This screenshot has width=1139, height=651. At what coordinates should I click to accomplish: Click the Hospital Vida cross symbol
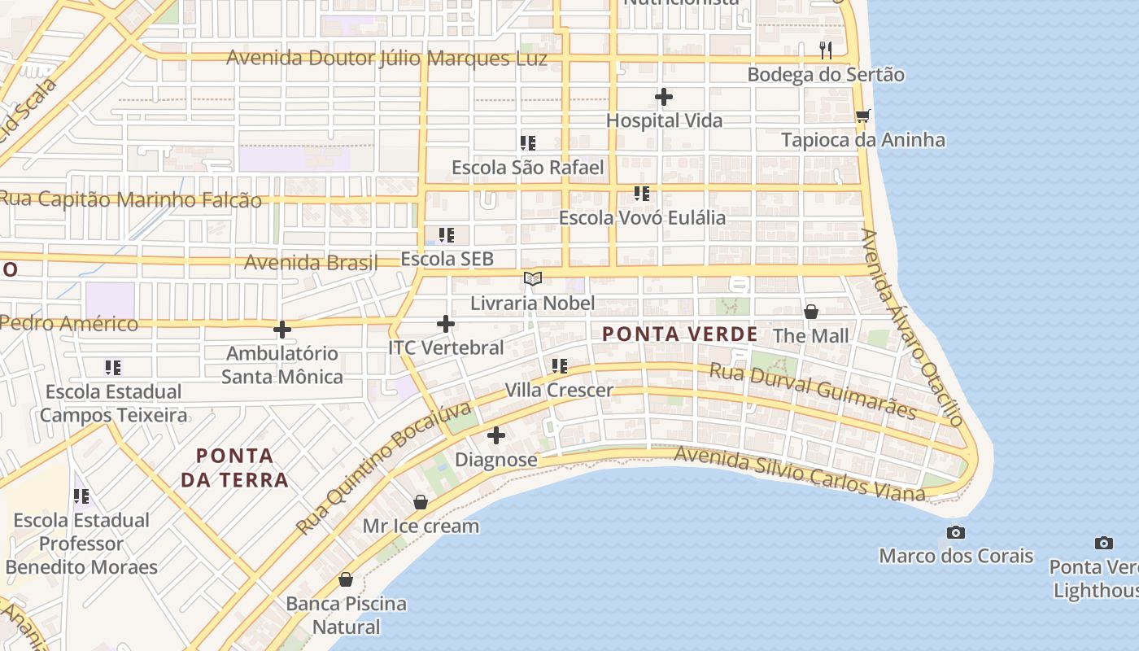pos(664,98)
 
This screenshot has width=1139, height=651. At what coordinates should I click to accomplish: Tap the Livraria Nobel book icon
pos(533,279)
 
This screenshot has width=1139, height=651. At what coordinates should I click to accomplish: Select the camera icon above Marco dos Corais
pos(956,533)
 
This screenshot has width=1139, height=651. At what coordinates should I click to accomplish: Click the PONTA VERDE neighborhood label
pos(680,334)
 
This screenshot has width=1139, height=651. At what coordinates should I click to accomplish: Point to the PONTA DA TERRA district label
pos(235,467)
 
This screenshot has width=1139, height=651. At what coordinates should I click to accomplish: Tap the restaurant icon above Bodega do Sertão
pos(826,50)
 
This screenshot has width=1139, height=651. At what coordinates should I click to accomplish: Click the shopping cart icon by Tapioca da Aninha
pos(862,116)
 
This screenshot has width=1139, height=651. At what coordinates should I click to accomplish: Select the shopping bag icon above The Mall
pos(810,312)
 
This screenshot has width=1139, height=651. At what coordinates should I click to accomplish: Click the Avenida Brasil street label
pos(311,262)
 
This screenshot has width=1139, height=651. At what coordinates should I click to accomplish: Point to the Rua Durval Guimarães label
pos(813,391)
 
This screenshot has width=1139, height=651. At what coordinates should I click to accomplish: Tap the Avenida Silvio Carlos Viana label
pos(800,473)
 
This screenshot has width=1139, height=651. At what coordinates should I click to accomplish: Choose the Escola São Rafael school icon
pos(528,143)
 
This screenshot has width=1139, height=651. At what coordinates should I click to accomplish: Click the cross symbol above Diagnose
pos(495,435)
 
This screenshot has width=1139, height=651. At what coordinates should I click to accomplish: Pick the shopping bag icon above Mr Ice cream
pos(421,502)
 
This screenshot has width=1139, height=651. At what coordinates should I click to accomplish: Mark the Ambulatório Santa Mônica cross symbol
pos(281,330)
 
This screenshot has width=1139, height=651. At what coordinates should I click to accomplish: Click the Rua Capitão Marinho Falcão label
pos(131,199)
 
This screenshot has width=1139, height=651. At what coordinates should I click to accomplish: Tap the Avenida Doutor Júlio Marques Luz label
pos(386,59)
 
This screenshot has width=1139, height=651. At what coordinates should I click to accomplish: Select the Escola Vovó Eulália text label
pos(642,218)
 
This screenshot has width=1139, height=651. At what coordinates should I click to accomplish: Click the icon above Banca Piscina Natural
pos(346,579)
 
